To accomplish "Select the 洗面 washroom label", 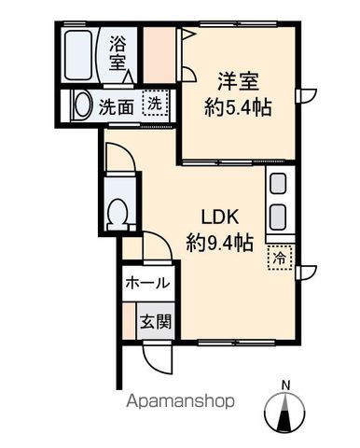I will [116, 105].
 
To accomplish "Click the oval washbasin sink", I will [81, 105].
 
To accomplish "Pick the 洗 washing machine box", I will [151, 104].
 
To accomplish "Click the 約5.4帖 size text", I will [238, 108].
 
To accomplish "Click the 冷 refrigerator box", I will [279, 258].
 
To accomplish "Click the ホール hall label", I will [146, 283].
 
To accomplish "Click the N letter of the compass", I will [285, 384].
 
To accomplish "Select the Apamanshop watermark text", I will [180, 402].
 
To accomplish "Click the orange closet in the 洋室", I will [160, 54].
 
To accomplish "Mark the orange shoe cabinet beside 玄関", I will [127, 322].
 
